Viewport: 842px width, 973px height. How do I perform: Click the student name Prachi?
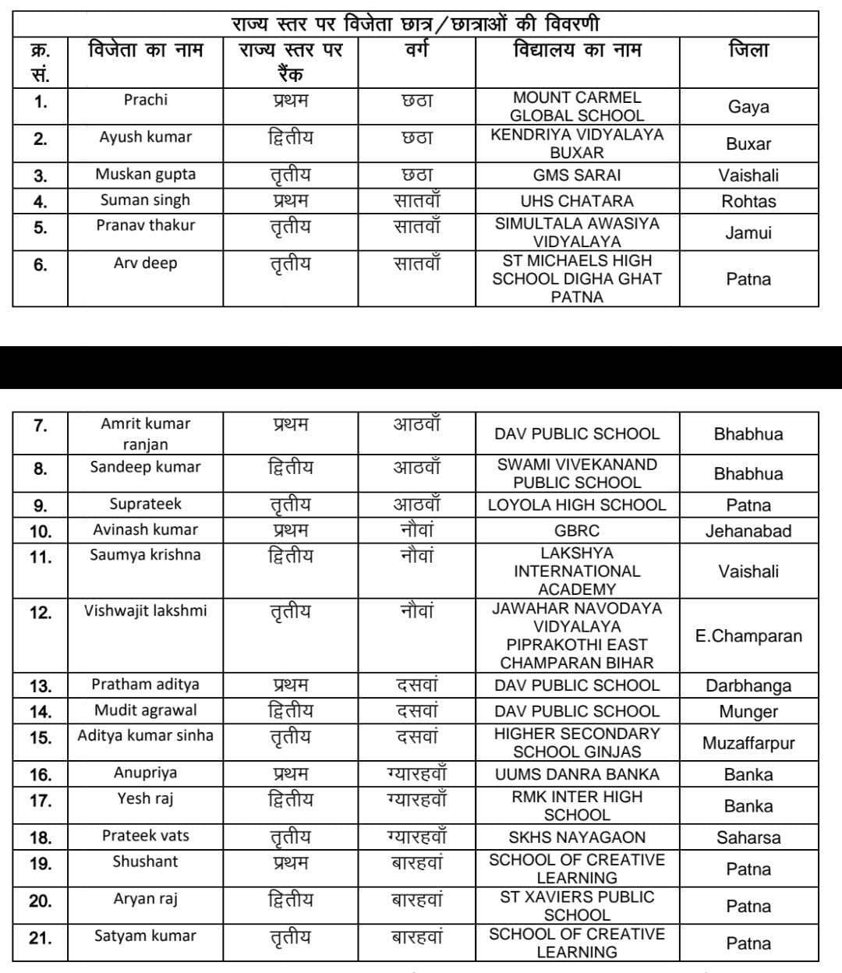point(145,100)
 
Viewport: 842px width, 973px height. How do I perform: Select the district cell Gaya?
point(748,107)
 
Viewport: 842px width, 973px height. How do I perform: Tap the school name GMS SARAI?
point(577,175)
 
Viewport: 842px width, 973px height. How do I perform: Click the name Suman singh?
point(145,200)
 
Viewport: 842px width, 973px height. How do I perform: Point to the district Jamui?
point(748,232)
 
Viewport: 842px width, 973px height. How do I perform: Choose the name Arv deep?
point(145,263)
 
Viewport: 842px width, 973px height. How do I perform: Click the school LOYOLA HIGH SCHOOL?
point(577,505)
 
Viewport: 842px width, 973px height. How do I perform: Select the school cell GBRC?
point(577,531)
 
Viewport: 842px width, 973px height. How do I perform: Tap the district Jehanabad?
point(748,531)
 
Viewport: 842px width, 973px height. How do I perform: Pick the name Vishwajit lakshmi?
point(146,610)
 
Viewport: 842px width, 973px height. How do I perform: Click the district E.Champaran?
point(748,635)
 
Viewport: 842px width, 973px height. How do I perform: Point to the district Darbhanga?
point(748,686)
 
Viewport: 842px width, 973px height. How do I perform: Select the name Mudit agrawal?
point(146,710)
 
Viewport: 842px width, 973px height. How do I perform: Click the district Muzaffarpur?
point(748,743)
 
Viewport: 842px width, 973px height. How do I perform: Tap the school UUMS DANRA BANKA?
point(577,774)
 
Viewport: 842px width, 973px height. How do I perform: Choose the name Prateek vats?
point(146,836)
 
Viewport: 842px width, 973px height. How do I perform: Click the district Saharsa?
point(748,838)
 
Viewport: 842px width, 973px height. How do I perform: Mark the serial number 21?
point(40,938)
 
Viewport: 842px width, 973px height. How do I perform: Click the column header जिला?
point(748,51)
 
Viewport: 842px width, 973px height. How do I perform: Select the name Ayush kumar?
point(145,137)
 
